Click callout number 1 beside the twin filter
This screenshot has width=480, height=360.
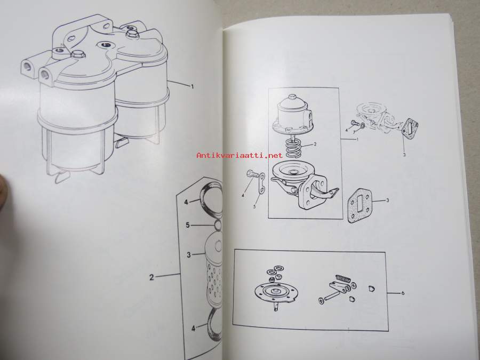tap(193, 86)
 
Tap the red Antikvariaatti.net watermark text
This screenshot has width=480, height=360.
tap(239, 156)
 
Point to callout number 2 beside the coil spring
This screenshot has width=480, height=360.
tap(315, 144)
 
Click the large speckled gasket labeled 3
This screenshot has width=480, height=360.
tap(360, 206)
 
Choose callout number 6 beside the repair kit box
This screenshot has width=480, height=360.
tap(403, 293)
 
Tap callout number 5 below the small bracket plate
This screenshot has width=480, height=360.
tap(254, 206)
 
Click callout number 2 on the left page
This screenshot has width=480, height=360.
tap(151, 277)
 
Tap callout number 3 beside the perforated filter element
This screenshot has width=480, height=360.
tap(189, 255)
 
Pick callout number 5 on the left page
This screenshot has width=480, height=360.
tap(188, 225)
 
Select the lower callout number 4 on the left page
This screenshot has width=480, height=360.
tap(193, 329)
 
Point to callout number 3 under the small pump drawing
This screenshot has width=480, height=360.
tap(404, 155)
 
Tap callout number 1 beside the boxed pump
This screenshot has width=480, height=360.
tap(357, 139)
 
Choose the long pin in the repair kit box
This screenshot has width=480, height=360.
tap(331, 295)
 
